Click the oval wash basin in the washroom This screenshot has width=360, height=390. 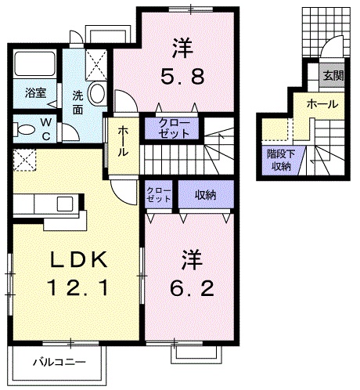(97, 94)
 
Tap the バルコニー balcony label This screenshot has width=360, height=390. (59, 362)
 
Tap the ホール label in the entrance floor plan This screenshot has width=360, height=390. (322, 103)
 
